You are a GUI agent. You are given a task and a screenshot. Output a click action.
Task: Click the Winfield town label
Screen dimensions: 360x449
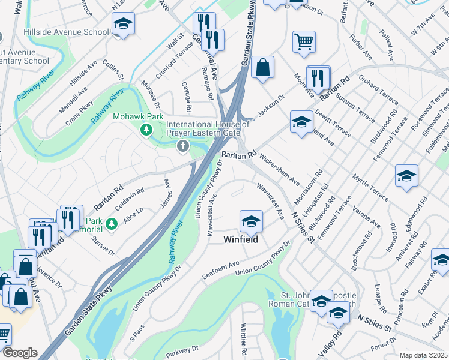[241, 239]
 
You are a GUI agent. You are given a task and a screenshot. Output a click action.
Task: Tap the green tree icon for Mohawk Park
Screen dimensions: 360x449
[145, 129]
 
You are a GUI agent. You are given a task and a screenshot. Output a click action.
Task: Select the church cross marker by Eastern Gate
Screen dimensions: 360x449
[182, 146]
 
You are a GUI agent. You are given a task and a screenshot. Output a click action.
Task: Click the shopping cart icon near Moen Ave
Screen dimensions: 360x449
[304, 41]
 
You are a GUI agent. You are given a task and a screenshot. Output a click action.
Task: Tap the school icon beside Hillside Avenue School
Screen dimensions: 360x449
[123, 24]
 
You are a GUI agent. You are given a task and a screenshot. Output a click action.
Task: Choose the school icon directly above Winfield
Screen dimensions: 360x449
[250, 221]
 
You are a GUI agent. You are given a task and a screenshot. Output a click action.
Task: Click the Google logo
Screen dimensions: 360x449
[19, 353]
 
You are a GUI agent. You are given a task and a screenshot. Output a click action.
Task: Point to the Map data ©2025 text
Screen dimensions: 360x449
[423, 355]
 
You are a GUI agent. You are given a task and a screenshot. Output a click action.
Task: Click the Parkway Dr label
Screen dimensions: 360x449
[184, 350]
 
